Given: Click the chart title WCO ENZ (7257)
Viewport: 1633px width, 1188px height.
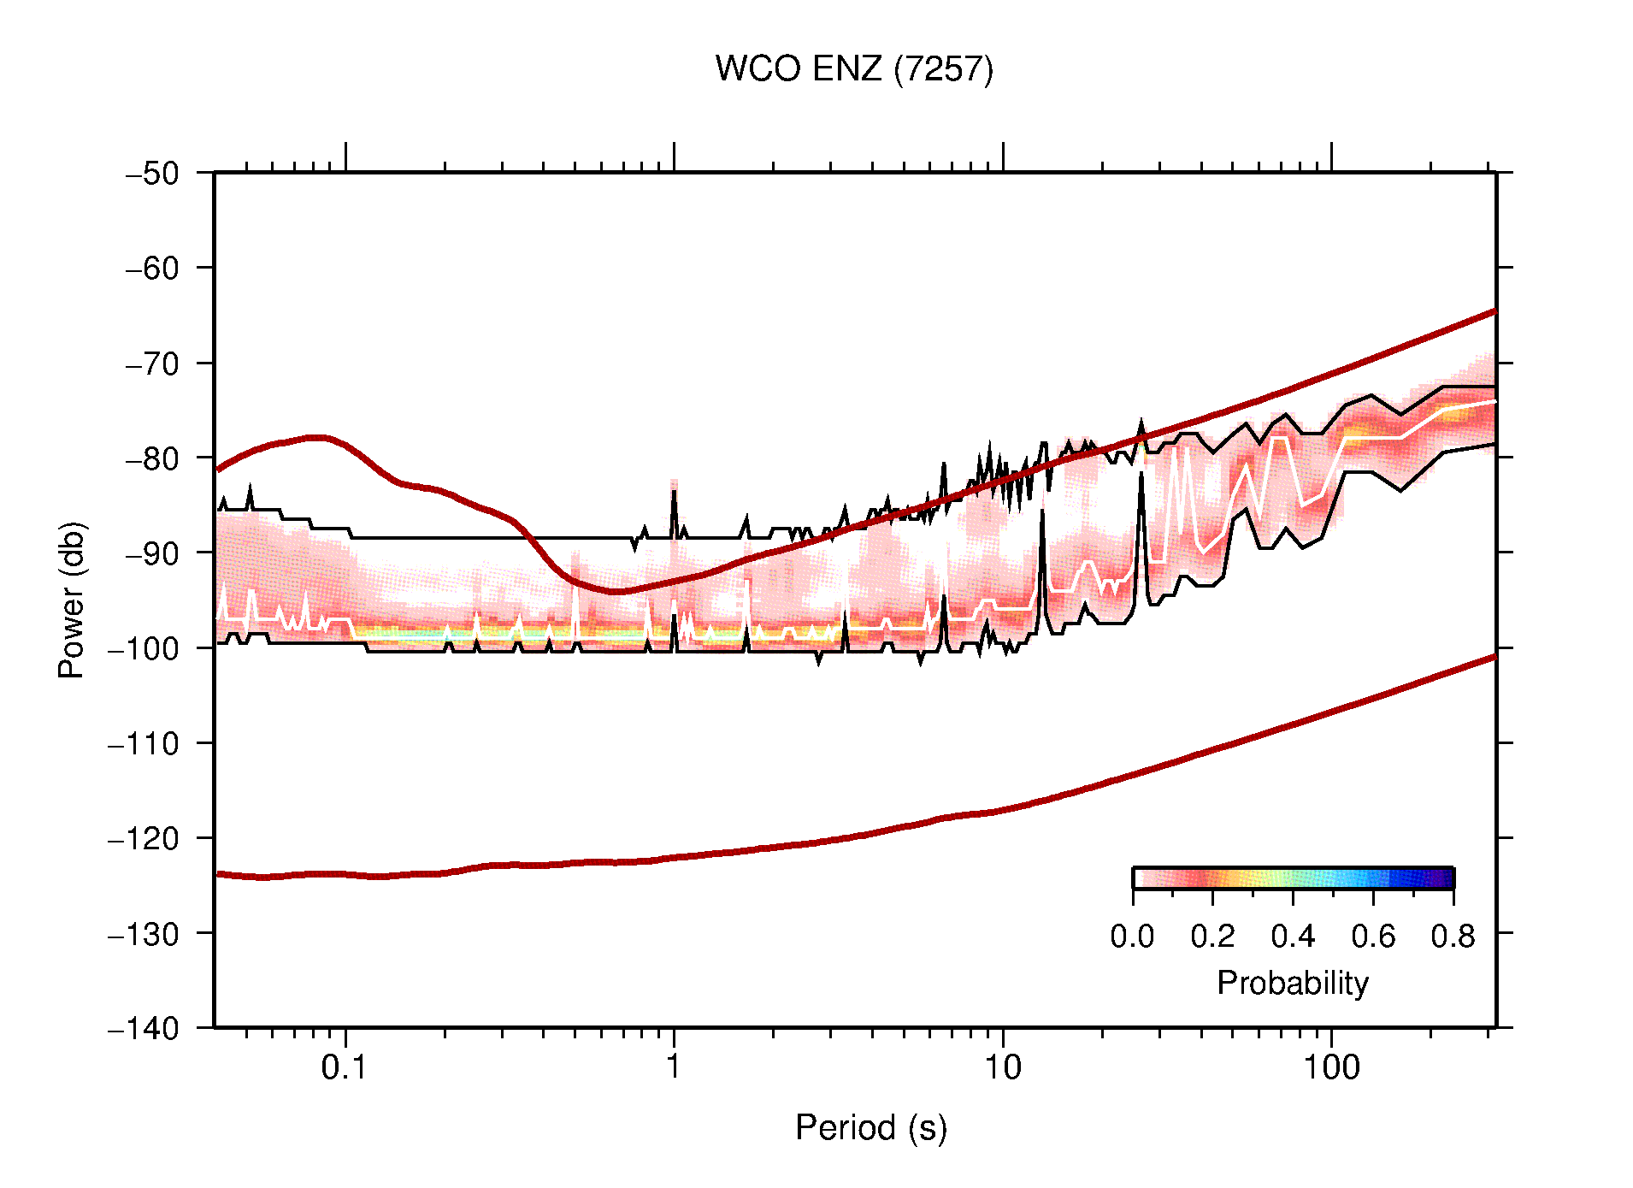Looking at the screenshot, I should pyautogui.click(x=854, y=69).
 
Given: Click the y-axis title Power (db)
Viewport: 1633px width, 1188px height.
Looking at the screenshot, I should pyautogui.click(x=72, y=600).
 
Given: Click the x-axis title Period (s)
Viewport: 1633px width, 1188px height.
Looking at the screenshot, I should pyautogui.click(x=870, y=1127).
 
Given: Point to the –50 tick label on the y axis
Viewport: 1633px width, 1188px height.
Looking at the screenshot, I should pyautogui.click(x=152, y=174).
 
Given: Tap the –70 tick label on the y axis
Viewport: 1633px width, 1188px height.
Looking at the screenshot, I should pyautogui.click(x=152, y=363).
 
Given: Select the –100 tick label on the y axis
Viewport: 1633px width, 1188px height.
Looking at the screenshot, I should pyautogui.click(x=143, y=648).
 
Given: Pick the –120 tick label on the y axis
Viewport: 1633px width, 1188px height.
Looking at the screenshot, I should pyautogui.click(x=143, y=838).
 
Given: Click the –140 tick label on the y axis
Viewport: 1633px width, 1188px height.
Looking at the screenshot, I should pyautogui.click(x=143, y=1028).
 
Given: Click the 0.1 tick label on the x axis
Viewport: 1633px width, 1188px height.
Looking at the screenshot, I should pyautogui.click(x=344, y=1067).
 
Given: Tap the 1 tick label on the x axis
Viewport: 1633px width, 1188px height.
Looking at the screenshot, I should pyautogui.click(x=674, y=1067).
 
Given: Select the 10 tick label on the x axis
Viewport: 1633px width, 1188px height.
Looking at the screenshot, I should pyautogui.click(x=1002, y=1067).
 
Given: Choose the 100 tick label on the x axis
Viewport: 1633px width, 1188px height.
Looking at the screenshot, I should pyautogui.click(x=1330, y=1067).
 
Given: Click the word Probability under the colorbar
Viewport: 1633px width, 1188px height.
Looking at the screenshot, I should pyautogui.click(x=1292, y=983).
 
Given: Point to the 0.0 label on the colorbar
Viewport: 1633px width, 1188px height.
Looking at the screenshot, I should pyautogui.click(x=1132, y=937).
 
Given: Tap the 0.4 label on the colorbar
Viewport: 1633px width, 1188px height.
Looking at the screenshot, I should pyautogui.click(x=1293, y=937).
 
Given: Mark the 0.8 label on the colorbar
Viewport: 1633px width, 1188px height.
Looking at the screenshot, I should pyautogui.click(x=1453, y=937).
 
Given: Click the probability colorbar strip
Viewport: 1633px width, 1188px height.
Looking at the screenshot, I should pyautogui.click(x=1293, y=878).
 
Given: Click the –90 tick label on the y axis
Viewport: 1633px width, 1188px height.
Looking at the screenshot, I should pyautogui.click(x=152, y=553).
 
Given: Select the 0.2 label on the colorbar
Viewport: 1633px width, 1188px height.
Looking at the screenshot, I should pyautogui.click(x=1212, y=937).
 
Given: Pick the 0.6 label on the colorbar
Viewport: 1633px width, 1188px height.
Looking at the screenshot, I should pyautogui.click(x=1373, y=937).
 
